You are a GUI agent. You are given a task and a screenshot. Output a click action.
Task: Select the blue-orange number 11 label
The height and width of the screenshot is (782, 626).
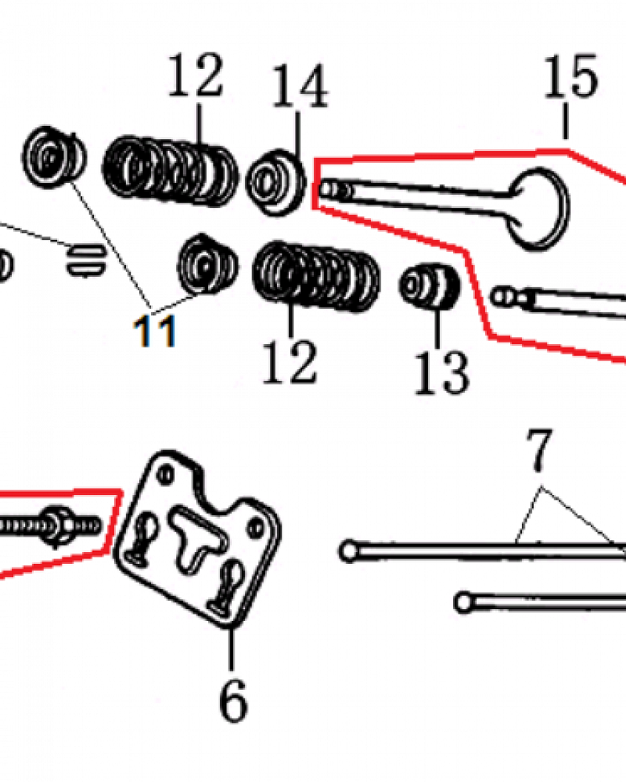point(154,331)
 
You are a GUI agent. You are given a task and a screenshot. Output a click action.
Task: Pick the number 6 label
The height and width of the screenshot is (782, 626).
point(233,699)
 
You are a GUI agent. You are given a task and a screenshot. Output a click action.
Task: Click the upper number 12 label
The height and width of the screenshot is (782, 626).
point(195,75)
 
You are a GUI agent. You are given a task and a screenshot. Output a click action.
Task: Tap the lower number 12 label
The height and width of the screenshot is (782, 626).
point(290,361)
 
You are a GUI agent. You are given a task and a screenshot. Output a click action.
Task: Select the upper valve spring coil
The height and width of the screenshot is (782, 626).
point(171,171)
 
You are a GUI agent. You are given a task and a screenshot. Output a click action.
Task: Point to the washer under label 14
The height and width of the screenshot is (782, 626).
point(275,182)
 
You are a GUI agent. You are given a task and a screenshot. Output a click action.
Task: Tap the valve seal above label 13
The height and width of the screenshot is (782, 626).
point(430,286)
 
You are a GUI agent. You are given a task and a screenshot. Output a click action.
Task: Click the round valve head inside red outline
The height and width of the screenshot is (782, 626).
point(539,209)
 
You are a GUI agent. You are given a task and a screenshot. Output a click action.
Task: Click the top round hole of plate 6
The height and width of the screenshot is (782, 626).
point(165,473)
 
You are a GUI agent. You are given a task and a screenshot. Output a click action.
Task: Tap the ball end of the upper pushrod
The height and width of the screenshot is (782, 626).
point(349,551)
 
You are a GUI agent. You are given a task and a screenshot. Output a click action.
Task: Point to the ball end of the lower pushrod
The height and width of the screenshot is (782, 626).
point(464,601)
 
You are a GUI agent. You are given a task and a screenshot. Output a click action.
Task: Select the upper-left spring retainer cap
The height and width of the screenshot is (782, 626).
point(55,157)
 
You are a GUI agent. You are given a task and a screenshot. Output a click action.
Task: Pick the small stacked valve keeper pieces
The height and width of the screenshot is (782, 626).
point(85,260)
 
